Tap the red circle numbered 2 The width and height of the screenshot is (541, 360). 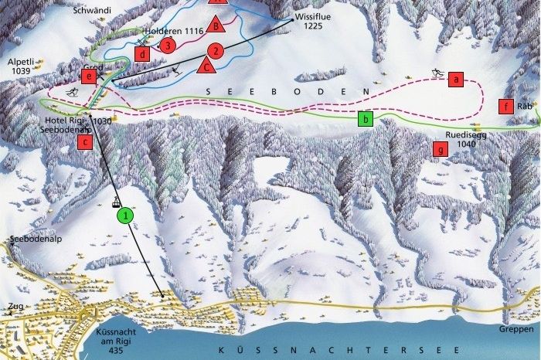216,52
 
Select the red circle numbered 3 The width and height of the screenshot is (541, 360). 168,46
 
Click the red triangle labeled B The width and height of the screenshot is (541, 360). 217,27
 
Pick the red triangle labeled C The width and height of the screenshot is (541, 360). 206,66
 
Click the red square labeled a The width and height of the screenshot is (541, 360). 456,79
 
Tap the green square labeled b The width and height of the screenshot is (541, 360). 366,119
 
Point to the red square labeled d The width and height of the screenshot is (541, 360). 142,54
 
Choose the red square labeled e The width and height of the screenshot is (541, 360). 90,76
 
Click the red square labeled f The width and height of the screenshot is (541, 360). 506,107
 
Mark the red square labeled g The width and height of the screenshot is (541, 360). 441,150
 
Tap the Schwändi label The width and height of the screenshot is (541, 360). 91,10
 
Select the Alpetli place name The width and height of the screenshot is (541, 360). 20,59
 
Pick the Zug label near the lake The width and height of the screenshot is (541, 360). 15,307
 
